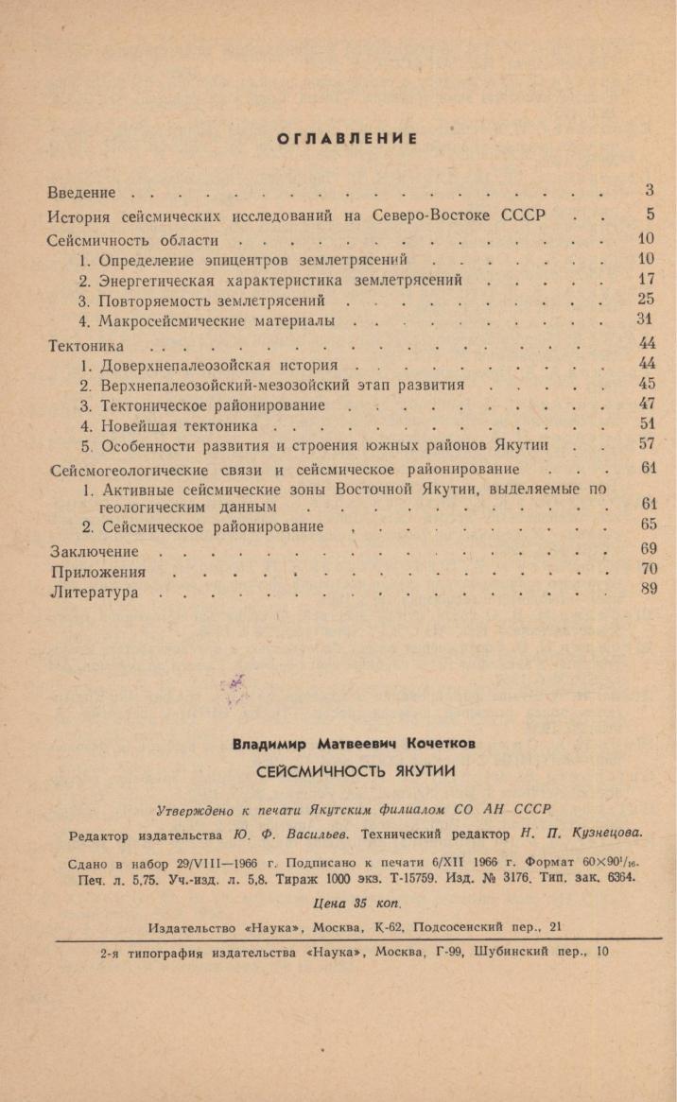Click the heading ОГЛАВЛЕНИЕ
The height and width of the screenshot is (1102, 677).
(347, 139)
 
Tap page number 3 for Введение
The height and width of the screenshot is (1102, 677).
(650, 191)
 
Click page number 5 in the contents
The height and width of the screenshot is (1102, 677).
(650, 215)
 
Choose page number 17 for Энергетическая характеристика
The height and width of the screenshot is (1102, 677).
(646, 280)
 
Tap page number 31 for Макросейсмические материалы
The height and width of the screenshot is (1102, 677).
(646, 320)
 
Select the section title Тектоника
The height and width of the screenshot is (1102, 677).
(85, 346)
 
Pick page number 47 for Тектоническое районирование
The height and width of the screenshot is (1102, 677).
(647, 405)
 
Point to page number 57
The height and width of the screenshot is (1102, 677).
(647, 444)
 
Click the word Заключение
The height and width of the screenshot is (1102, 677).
(94, 552)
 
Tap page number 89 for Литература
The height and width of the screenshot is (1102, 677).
(647, 592)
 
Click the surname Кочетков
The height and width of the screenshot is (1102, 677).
(438, 744)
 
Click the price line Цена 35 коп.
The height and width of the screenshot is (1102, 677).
(346, 903)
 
